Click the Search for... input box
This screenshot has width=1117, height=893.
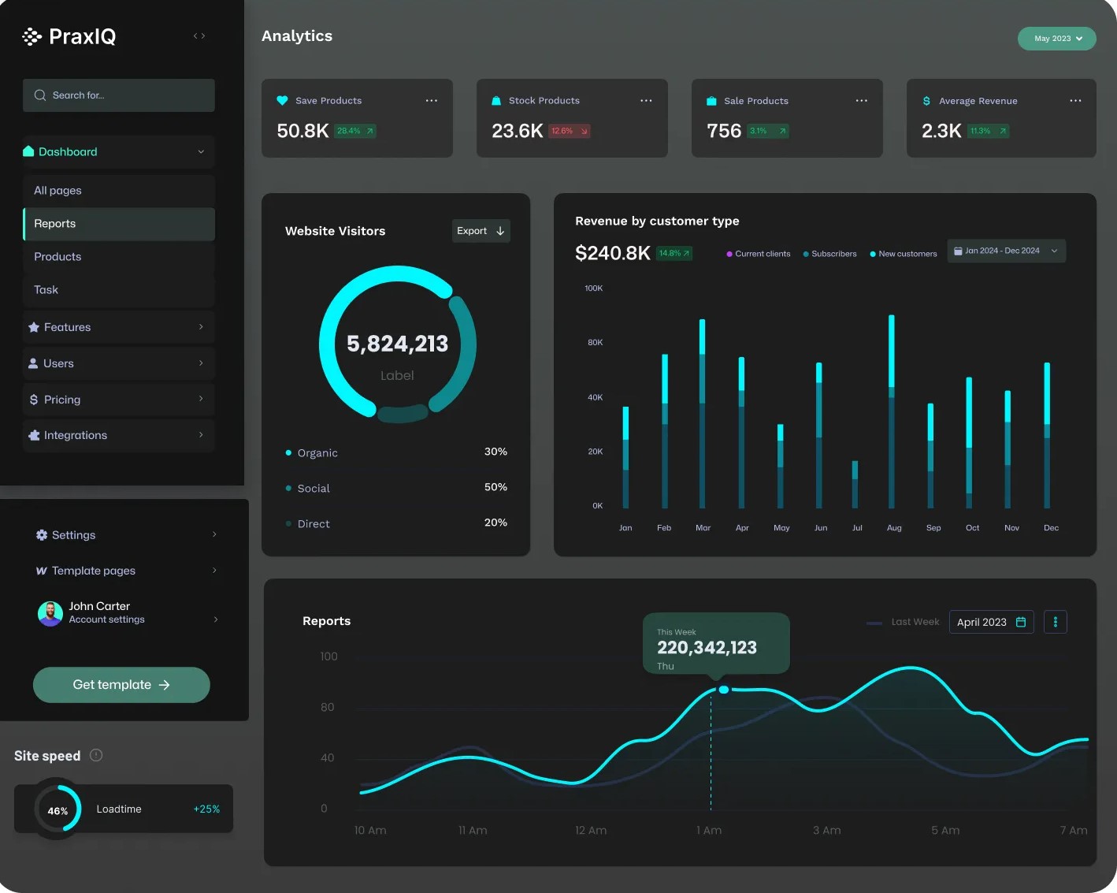(118, 95)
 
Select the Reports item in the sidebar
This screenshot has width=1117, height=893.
(119, 224)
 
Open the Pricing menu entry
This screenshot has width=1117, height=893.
(119, 400)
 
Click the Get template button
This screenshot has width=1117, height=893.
(121, 685)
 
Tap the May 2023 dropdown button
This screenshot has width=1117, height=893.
(1056, 39)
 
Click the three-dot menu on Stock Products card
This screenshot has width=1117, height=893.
(646, 101)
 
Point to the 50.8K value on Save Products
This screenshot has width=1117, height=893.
(302, 131)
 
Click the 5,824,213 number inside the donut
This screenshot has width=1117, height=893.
(397, 344)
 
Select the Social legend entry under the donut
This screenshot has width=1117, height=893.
(313, 489)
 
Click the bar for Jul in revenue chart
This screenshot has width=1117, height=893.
(855, 485)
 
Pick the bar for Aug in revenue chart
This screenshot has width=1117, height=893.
(892, 411)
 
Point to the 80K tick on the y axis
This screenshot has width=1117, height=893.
(596, 343)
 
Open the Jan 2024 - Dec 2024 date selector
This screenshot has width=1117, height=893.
(1006, 251)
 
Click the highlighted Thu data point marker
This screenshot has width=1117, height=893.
(723, 690)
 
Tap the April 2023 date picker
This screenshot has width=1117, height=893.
(991, 622)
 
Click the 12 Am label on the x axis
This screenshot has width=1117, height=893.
(591, 831)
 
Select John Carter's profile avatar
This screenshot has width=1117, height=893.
(50, 613)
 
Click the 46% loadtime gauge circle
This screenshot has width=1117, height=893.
(58, 809)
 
